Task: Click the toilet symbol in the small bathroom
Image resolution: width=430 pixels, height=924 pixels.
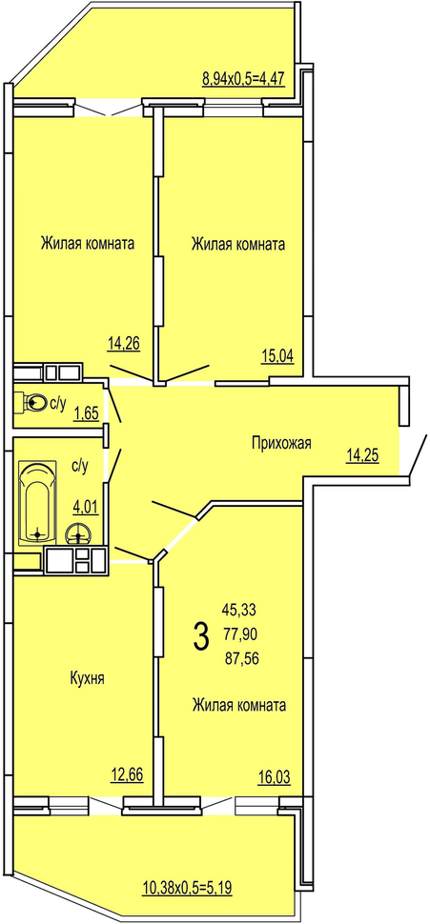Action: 35,403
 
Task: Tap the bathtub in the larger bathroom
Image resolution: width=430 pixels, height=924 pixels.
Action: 38,504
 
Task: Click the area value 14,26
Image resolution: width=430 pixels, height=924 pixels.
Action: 124,343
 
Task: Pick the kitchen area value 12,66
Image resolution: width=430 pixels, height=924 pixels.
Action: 128,773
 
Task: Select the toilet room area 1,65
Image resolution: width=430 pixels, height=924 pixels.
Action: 85,414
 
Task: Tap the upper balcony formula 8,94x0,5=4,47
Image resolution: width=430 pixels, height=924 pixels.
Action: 244,77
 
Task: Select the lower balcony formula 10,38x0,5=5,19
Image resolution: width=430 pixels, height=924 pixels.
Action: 188,885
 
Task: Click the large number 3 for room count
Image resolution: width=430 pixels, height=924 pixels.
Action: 201,636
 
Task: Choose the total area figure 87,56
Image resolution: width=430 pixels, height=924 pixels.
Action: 242,659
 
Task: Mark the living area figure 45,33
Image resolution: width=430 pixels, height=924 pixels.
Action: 239,609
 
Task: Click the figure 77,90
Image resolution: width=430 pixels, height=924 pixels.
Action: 240,634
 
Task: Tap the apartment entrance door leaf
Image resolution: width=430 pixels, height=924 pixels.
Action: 416,453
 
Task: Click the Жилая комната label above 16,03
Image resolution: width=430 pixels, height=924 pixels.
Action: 239,705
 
